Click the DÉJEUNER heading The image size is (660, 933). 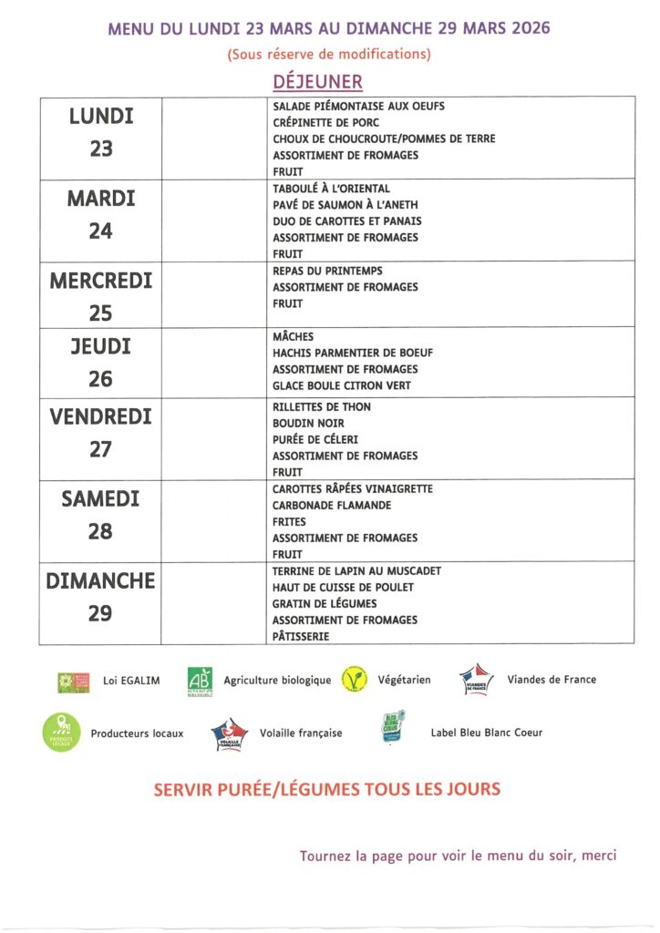pyautogui.click(x=318, y=82)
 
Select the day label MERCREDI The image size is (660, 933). pyautogui.click(x=100, y=281)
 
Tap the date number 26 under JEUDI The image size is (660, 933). pyautogui.click(x=100, y=379)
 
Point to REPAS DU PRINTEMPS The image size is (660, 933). pyautogui.click(x=327, y=271)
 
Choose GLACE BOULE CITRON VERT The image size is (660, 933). pyautogui.click(x=341, y=385)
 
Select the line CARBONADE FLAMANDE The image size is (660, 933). pyautogui.click(x=332, y=506)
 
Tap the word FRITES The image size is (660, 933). pyautogui.click(x=290, y=522)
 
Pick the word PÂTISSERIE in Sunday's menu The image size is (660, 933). pyautogui.click(x=301, y=637)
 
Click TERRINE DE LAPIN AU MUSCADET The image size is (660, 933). pyautogui.click(x=356, y=571)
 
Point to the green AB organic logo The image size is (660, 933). pyautogui.click(x=200, y=680)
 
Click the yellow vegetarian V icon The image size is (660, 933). pyautogui.click(x=354, y=680)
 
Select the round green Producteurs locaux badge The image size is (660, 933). pyautogui.click(x=62, y=733)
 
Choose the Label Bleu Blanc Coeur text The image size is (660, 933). pyautogui.click(x=486, y=733)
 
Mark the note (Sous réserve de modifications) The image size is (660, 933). pyautogui.click(x=329, y=54)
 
